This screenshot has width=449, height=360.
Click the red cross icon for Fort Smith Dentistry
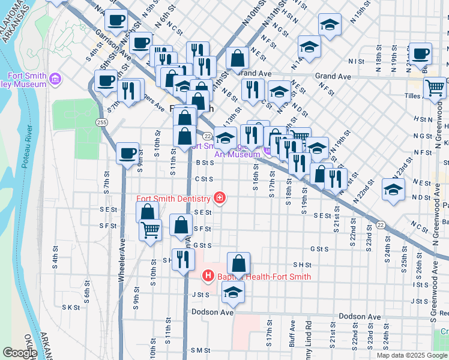[x=220, y=198]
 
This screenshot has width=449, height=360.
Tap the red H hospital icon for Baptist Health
[x=208, y=277]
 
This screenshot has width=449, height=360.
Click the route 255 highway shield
[x=101, y=122]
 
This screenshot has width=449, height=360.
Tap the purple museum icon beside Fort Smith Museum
[x=55, y=79]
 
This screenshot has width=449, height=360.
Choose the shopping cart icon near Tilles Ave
[x=435, y=88]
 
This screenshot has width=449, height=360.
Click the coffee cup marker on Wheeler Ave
[x=127, y=154]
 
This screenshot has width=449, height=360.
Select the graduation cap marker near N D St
[x=393, y=190]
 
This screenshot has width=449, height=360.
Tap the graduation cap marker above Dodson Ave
[x=233, y=292]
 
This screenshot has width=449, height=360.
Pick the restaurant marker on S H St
[x=183, y=259]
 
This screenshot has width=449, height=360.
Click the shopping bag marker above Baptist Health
[x=238, y=263]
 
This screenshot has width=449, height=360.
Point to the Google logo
[x=19, y=353]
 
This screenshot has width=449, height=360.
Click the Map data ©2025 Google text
[x=411, y=355]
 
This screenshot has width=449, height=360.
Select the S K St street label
[x=71, y=307]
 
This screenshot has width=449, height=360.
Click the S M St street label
[x=200, y=350]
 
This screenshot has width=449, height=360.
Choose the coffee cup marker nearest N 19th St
[x=420, y=53]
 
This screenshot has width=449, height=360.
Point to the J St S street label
[x=200, y=295]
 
